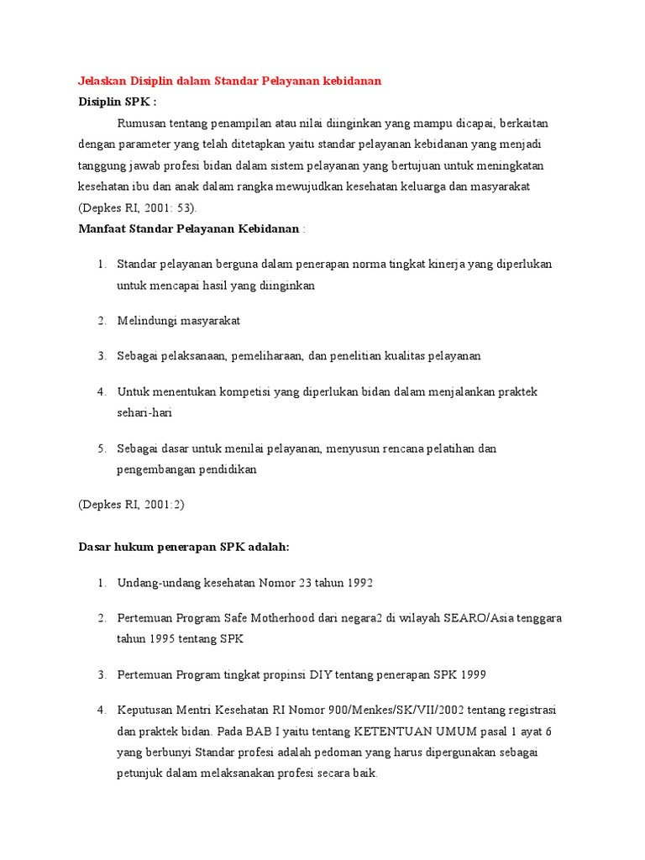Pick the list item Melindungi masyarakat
pos(179,321)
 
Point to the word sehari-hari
pos(144,413)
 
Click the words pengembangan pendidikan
pos(186,469)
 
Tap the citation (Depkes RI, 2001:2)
pos(131,505)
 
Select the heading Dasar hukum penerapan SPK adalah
pos(183,547)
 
